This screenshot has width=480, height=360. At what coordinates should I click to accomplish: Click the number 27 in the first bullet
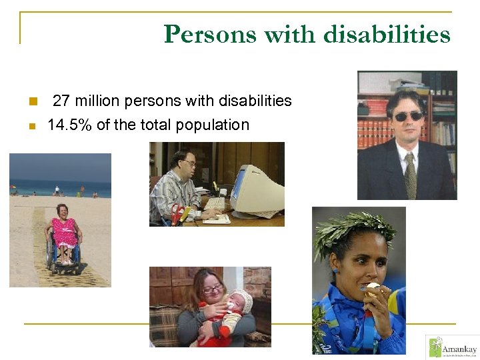(x=61, y=101)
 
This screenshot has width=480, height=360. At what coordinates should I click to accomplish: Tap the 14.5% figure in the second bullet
(x=70, y=125)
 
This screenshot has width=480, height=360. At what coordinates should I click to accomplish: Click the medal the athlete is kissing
(x=372, y=289)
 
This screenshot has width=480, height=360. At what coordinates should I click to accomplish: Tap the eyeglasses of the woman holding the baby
(x=213, y=289)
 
